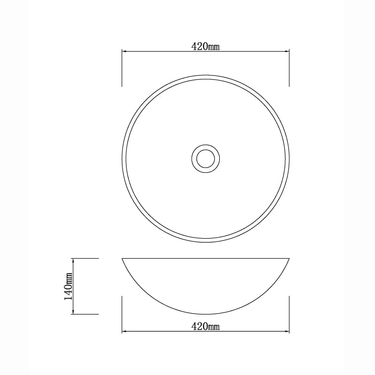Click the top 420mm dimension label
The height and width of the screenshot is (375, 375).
pos(205,46)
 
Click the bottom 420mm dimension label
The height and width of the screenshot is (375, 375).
pos(205,326)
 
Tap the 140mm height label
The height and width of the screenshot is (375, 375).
pos(68,286)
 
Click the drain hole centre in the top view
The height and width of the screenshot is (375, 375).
pos(206,158)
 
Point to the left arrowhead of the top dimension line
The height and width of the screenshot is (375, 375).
pos(124,51)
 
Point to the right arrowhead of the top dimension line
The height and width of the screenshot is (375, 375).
pos(287,51)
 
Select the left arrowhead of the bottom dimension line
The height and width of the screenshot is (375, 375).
pos(124,331)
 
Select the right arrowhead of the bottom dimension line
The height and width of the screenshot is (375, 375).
pos(287,331)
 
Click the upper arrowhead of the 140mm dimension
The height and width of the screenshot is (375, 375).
pos(73,261)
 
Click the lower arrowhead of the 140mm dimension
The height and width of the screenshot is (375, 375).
pos(73,312)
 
